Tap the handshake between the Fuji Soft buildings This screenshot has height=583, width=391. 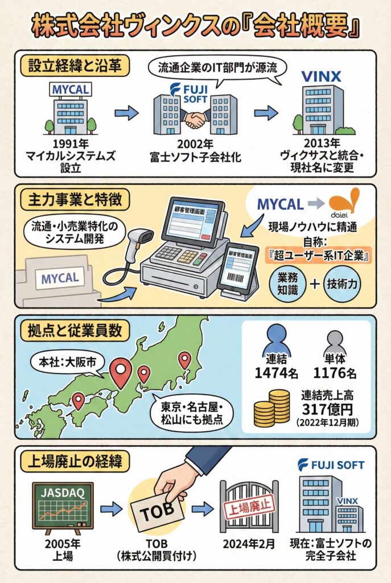196,118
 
